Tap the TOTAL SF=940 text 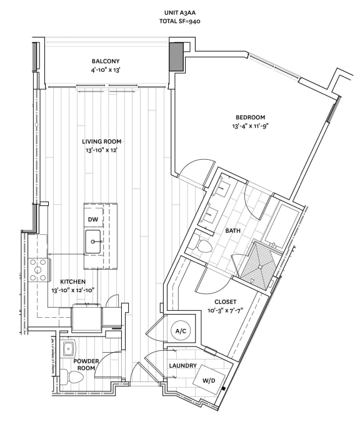click(179, 21)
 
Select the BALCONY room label click(105, 61)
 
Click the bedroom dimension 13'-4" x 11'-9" click(250, 125)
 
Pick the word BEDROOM click(250, 117)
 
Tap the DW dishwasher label click(92, 219)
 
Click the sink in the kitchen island click(95, 240)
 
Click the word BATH click(232, 231)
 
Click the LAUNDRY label click(182, 365)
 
